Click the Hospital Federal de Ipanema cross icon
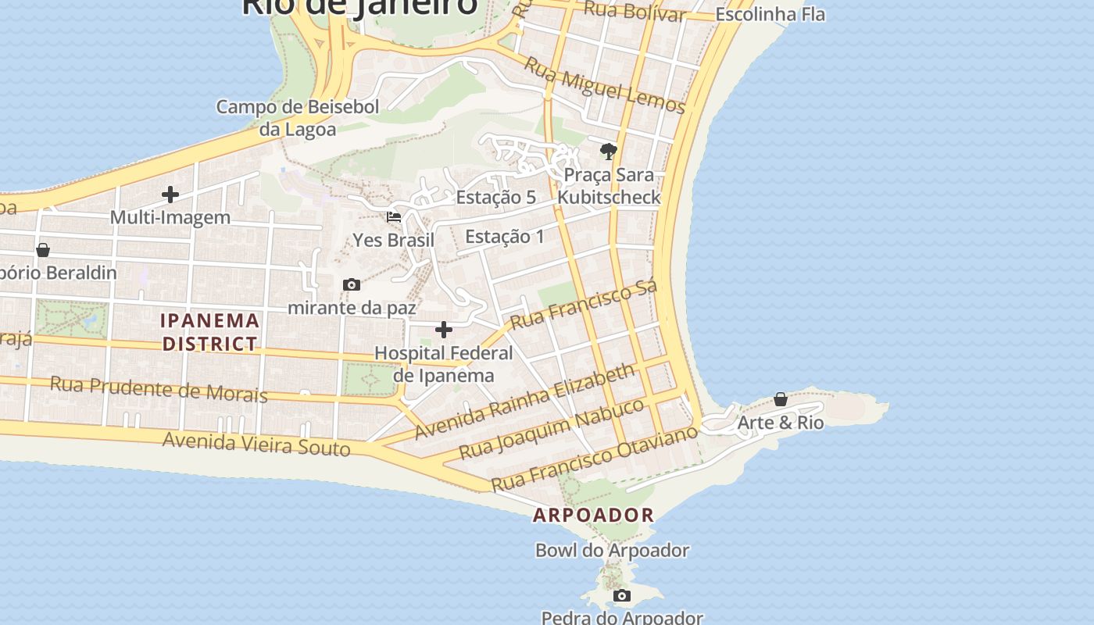[x=443, y=330]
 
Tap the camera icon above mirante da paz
[x=352, y=285]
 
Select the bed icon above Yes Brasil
[x=394, y=216]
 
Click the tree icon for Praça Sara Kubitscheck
[x=609, y=151]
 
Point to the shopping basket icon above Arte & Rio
[x=780, y=399]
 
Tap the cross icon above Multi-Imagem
[x=170, y=195]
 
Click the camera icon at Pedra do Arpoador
[x=621, y=596]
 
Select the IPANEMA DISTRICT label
[x=210, y=332]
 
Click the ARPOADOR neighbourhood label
[x=593, y=515]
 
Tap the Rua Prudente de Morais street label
[x=159, y=388]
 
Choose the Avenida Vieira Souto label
[x=256, y=444]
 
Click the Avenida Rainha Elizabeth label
[x=525, y=401]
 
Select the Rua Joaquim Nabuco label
[x=552, y=428]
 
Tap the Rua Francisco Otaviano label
[x=594, y=458]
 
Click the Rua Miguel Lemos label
[x=604, y=85]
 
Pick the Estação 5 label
[x=496, y=197]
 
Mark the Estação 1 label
[x=505, y=236]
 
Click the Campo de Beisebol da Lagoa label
[x=298, y=117]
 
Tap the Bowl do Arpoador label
[x=612, y=550]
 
